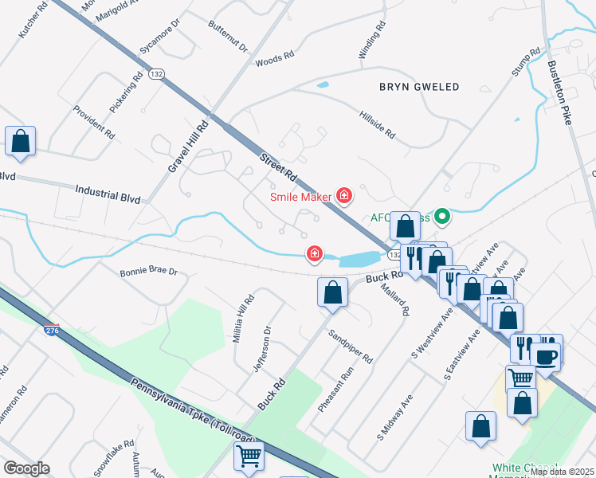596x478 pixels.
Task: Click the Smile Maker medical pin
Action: click(x=344, y=195)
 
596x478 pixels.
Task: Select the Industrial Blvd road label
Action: click(x=108, y=194)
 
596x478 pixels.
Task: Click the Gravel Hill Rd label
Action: click(x=178, y=147)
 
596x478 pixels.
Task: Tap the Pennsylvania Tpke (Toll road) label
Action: click(x=190, y=413)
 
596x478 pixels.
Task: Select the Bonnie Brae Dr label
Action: click(x=148, y=272)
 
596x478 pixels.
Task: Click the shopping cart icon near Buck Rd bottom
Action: click(x=249, y=456)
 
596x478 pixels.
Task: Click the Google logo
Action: click(x=26, y=468)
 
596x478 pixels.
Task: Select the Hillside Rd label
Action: click(x=377, y=124)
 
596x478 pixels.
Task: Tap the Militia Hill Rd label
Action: click(x=242, y=319)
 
